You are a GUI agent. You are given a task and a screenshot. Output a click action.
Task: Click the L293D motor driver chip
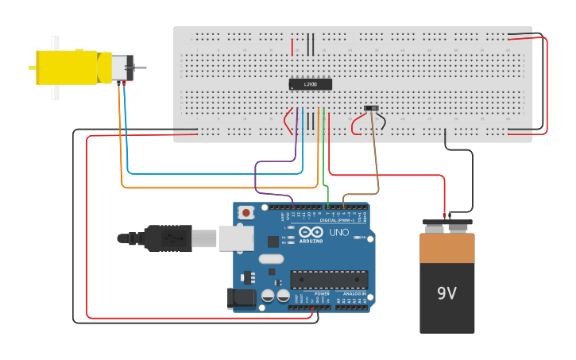click(310, 84)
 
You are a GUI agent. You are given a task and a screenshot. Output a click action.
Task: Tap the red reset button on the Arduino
click(246, 212)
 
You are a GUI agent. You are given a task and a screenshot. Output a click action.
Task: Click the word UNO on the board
click(339, 233)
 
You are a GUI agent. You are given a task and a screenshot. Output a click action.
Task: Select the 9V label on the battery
click(446, 293)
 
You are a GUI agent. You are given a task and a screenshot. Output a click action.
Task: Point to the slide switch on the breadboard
click(371, 108)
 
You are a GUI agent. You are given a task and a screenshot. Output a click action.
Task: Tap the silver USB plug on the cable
click(205, 238)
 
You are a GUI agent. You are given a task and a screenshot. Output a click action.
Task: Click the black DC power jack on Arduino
click(242, 298)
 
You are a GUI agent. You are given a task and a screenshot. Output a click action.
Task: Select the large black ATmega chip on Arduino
click(329, 279)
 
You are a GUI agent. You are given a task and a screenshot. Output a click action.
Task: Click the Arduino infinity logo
click(311, 231)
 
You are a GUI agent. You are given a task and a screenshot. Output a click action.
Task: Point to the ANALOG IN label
click(355, 294)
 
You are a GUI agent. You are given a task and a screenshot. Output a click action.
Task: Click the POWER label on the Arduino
click(322, 294)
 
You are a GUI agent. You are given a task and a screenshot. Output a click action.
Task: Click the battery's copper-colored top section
click(446, 248)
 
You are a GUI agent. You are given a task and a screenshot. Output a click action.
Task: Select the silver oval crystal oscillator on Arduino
click(270, 258)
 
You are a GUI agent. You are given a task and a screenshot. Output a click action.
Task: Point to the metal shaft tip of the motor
click(142, 68)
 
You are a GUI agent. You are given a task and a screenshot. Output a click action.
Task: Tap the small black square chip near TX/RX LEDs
click(273, 241)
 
